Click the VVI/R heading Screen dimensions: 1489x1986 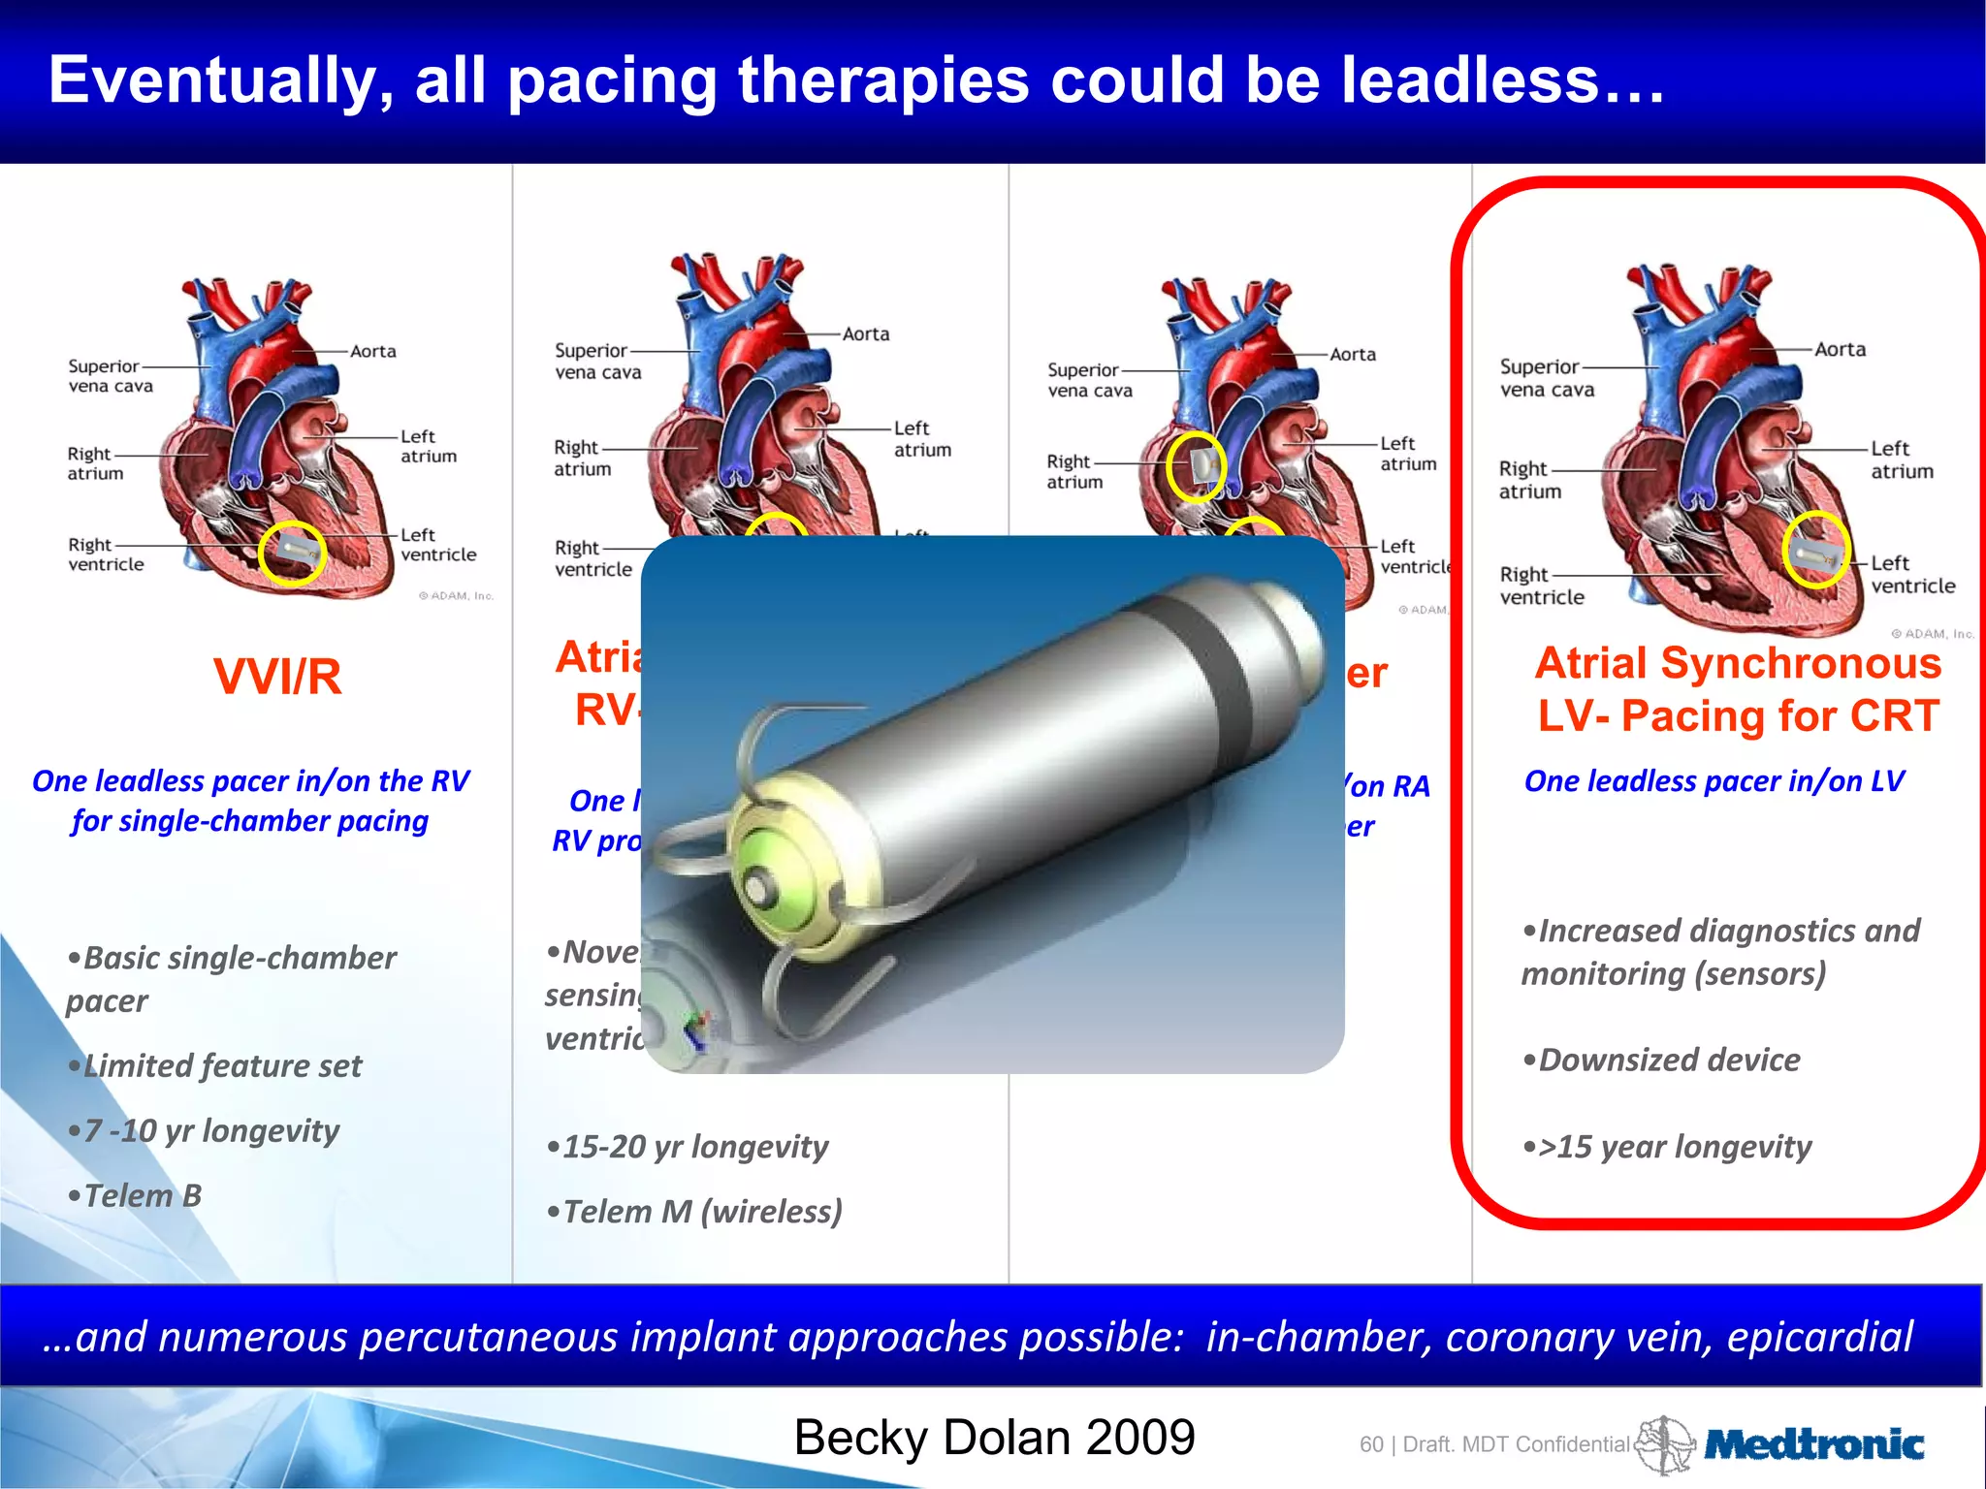point(277,677)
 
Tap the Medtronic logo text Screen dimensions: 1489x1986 point(1813,1445)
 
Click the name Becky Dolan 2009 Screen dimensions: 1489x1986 point(994,1438)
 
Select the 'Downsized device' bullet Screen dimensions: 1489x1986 point(1662,1060)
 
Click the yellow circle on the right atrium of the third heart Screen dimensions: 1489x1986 point(1196,467)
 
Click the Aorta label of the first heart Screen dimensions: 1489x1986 point(372,351)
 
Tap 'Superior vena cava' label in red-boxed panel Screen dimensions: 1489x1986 point(1547,378)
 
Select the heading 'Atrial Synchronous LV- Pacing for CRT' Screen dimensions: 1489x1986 point(1738,689)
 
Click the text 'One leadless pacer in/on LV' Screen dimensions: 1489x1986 point(1714,781)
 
